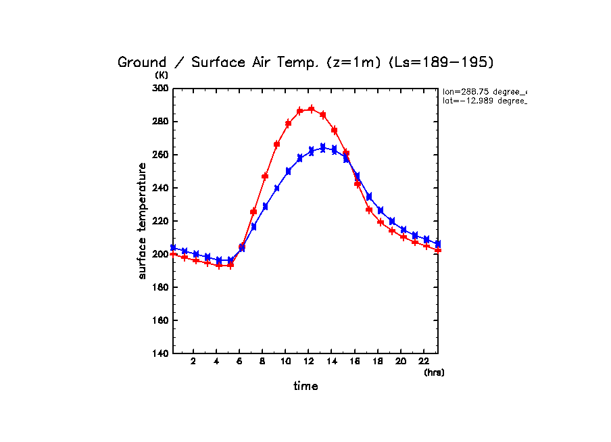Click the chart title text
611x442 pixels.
point(305,62)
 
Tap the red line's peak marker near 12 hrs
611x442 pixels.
point(312,109)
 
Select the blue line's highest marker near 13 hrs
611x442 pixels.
point(323,147)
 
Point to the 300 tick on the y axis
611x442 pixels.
point(162,88)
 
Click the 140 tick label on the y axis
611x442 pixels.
point(162,353)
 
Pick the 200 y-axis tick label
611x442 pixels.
point(162,254)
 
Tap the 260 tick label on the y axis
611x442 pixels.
point(162,155)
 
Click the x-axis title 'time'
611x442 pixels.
point(305,386)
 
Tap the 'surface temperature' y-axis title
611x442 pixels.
point(143,220)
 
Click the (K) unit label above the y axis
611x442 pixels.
point(162,75)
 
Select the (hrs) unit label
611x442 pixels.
point(434,372)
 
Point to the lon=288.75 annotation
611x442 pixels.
point(484,91)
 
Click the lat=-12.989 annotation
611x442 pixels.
point(484,101)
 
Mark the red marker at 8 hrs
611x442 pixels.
point(265,176)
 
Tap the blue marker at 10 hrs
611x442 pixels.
point(288,172)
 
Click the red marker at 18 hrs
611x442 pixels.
point(381,222)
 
